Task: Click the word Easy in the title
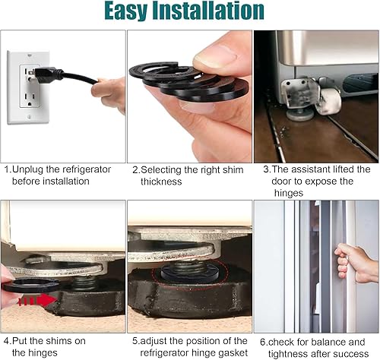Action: tap(134, 11)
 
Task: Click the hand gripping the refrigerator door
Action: tap(356, 262)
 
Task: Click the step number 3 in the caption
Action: tap(258, 169)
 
